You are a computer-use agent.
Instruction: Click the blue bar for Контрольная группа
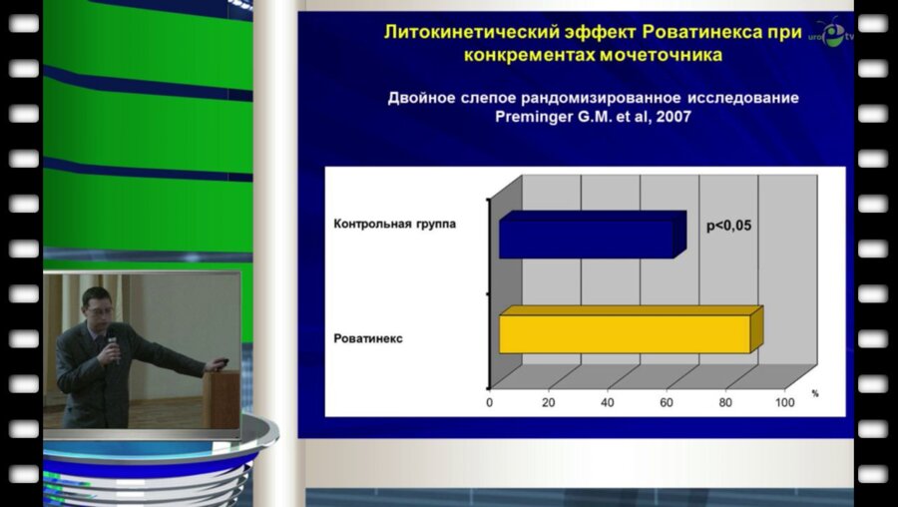[587, 237]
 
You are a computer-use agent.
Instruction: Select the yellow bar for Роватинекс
[625, 332]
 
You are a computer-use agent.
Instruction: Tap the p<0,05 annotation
[728, 227]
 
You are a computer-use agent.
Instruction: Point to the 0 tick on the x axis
[490, 402]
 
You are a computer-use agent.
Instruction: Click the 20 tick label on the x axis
[548, 402]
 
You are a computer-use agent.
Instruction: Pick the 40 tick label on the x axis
[608, 402]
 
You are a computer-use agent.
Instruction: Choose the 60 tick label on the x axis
[667, 402]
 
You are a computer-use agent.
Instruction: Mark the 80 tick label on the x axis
[725, 402]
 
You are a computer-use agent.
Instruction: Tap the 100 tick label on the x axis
[784, 402]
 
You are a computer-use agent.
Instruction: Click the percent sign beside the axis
[814, 394]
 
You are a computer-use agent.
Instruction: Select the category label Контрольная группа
[394, 224]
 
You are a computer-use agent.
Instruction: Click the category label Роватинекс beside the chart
[368, 338]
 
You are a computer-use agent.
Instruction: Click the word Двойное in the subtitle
[420, 98]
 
